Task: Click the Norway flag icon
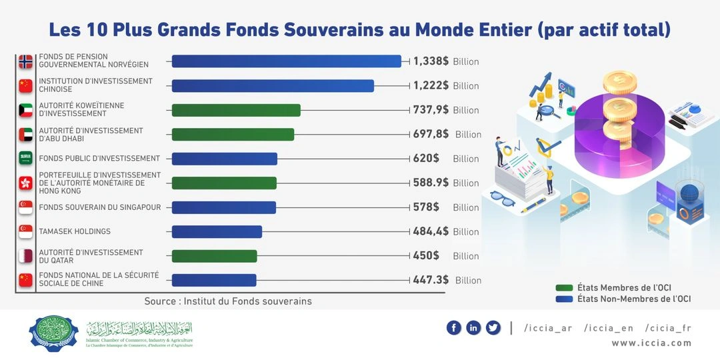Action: click(26, 61)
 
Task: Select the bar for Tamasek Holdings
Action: click(217, 231)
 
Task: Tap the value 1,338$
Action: click(431, 61)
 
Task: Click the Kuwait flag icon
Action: click(26, 110)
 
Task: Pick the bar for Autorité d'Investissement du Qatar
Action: click(214, 256)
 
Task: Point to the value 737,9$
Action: click(431, 110)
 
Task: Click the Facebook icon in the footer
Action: click(454, 327)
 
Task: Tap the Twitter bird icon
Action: click(493, 327)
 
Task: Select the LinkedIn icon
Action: click(473, 327)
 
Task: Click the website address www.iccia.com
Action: click(651, 343)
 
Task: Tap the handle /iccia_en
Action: click(608, 327)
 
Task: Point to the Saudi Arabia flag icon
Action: click(26, 159)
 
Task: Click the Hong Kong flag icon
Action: click(26, 183)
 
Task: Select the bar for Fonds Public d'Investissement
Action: click(224, 159)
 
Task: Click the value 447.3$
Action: click(431, 280)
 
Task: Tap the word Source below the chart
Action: click(160, 301)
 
